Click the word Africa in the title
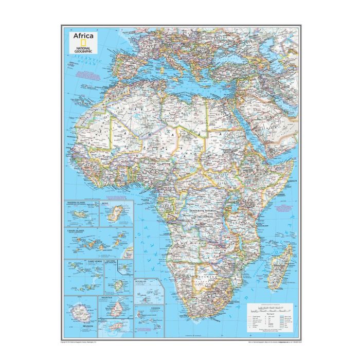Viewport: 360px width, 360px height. click(83, 36)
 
